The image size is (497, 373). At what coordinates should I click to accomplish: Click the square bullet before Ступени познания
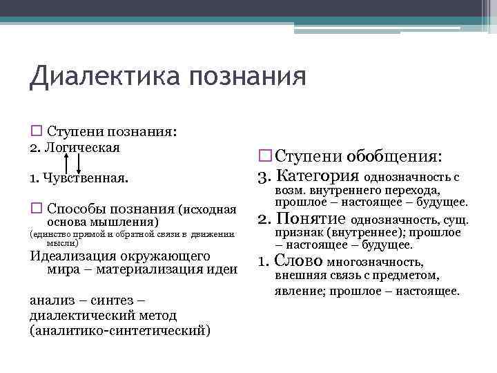click(36, 131)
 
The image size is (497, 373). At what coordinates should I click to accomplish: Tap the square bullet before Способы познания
click(36, 207)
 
